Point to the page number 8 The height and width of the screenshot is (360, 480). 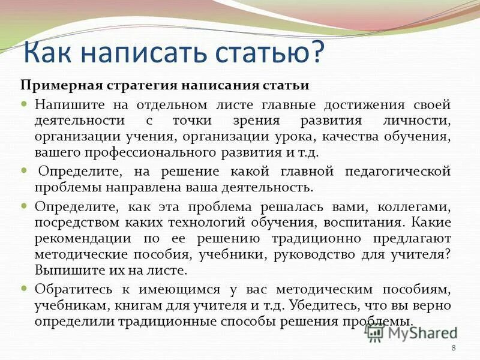[x=453, y=349]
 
